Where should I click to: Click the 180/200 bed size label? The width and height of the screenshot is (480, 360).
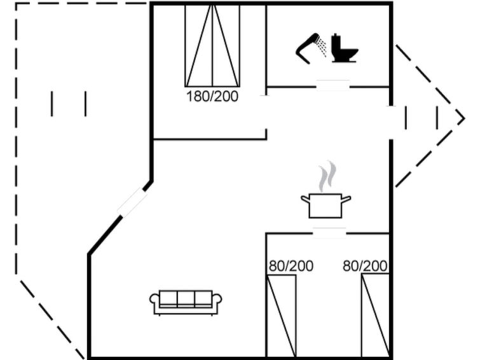coord(212,97)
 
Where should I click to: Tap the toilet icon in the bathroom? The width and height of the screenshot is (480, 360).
coord(344,48)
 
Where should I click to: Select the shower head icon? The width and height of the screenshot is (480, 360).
coord(311,48)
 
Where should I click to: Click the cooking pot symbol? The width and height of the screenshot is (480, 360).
coord(326,205)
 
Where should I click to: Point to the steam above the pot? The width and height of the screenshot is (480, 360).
coord(327,176)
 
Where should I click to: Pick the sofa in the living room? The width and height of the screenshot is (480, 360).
coord(186,302)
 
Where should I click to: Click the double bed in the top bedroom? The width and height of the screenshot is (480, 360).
coord(212,45)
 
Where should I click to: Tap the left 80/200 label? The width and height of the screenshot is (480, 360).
coord(291,266)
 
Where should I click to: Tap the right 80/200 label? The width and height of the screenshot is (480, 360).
coord(365,266)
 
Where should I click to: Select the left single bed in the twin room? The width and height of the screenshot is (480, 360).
coord(282,315)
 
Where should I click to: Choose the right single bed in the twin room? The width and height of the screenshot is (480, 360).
coord(375,315)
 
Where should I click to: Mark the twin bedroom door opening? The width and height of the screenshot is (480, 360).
coord(329,233)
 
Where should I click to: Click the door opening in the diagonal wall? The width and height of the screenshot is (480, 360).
coord(132,202)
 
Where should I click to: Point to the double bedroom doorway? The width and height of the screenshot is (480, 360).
coord(266,112)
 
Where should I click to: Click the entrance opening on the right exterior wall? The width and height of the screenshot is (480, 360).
coord(391,123)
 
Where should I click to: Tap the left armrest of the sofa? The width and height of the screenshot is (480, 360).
coord(154,300)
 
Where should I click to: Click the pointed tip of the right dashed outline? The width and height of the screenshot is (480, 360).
coord(464,118)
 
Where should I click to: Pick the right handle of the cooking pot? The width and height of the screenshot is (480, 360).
coord(346,200)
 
